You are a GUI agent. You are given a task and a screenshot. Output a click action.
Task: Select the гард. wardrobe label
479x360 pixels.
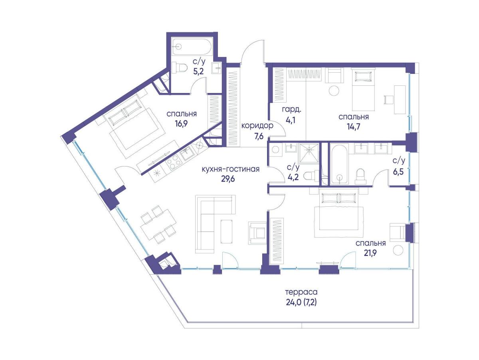pos(291,109)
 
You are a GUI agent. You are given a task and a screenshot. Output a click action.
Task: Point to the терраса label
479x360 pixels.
pos(301,292)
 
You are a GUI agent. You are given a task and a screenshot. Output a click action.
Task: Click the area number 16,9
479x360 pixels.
pos(181,124)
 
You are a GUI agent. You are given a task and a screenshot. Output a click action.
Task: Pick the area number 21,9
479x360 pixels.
pos(370,253)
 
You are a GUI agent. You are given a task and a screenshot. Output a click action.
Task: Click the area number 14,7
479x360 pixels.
pos(354,127)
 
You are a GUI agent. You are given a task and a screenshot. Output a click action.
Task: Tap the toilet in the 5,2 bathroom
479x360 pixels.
pos(179,67)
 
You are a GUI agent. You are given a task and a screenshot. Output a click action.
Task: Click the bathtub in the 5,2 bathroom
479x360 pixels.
pos(191,47)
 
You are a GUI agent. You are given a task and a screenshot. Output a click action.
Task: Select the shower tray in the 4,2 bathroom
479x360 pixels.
pos(309,153)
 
